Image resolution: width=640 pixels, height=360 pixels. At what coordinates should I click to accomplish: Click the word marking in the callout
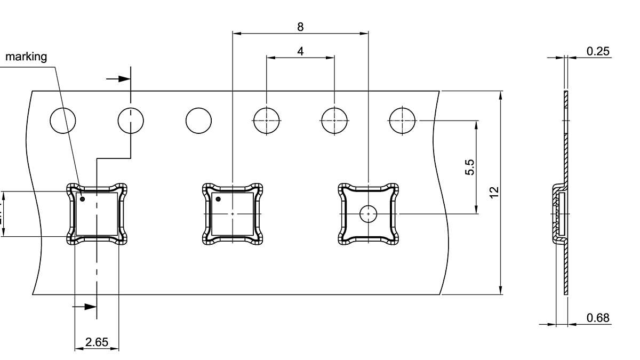pos(26,57)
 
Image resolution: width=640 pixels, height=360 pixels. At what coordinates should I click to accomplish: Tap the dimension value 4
pos(300,51)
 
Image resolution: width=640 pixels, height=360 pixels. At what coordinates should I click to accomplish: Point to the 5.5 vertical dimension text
pos(469,167)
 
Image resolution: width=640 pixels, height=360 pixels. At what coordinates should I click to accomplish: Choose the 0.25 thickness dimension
pos(598,51)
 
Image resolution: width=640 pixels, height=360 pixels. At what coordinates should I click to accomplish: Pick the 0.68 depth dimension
pos(598,318)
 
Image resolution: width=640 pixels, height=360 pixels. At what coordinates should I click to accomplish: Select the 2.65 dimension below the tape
pos(97,342)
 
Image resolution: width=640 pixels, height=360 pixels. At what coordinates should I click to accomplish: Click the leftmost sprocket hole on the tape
pos(63,121)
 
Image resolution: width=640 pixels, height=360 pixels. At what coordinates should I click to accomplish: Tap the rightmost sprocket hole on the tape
pos(402,121)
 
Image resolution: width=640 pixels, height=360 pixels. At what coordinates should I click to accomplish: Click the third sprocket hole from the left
pos(198,121)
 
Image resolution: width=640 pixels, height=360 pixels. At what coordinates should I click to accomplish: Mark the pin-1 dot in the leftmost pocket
pos(82,199)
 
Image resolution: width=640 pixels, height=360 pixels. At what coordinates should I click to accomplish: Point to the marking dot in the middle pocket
pos(218,199)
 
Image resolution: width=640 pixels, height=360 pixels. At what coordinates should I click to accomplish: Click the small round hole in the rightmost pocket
pos(368,214)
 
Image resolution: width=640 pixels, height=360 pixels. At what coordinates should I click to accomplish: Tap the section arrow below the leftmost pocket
pos(85,307)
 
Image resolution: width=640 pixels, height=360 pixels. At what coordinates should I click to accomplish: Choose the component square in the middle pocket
pos(233,214)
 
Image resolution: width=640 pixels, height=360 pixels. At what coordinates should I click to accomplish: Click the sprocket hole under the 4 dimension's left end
pos(266,121)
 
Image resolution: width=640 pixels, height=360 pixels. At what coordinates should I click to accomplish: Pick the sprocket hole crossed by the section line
pos(131,121)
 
